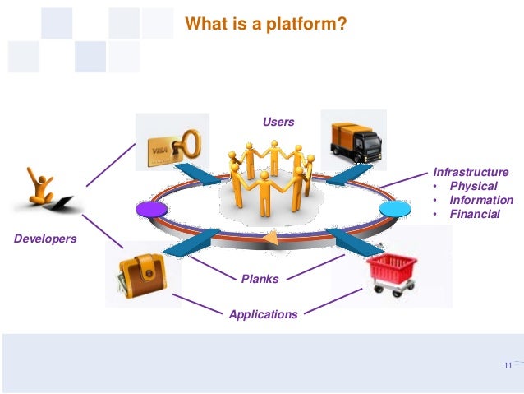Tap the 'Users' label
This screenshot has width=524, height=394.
coord(278,122)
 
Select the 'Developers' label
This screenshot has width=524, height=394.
coord(45,239)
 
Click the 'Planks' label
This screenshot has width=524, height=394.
coord(260,279)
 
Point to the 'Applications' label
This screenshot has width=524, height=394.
coord(263,314)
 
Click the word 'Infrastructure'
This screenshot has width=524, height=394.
coord(471,173)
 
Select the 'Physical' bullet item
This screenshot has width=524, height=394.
coord(474,187)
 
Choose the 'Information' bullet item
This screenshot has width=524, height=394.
coord(480,200)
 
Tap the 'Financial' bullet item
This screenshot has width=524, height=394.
coord(474,214)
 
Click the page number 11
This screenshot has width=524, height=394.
coord(506,365)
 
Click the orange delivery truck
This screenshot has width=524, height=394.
coord(354,139)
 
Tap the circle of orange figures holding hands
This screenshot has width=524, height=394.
coord(269,176)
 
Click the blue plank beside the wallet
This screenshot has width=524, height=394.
coord(191,241)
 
